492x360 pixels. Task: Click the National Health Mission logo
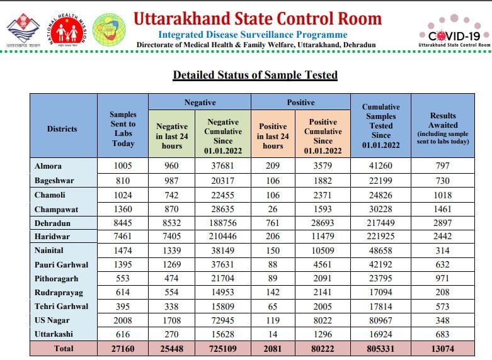click(66, 30)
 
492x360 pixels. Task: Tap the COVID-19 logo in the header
click(454, 31)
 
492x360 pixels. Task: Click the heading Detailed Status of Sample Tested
click(255, 75)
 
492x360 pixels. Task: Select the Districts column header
click(62, 128)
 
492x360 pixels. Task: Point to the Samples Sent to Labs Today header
click(123, 129)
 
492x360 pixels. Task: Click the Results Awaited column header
click(443, 128)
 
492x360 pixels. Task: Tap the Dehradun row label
click(53, 223)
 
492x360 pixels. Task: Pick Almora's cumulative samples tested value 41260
click(380, 166)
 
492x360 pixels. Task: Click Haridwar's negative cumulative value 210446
click(223, 237)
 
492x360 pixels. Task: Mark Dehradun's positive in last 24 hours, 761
click(273, 223)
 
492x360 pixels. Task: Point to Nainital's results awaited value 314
click(443, 250)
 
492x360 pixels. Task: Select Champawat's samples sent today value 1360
click(123, 209)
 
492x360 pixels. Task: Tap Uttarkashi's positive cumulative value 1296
click(323, 334)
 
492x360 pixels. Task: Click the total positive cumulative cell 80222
click(323, 348)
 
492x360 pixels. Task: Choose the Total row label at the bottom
click(62, 348)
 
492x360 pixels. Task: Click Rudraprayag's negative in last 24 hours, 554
click(171, 292)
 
